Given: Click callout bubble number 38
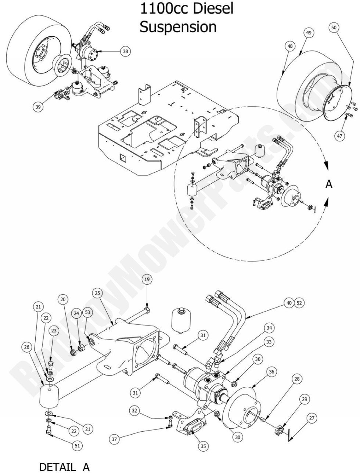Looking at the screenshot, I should tap(125, 52).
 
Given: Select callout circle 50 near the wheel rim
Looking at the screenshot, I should tap(334, 28).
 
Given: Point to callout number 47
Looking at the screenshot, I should tap(340, 135).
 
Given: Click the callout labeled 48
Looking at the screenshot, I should tap(290, 46).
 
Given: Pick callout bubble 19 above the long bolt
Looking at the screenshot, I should tap(147, 280).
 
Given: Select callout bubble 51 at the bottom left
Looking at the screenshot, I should tap(77, 445).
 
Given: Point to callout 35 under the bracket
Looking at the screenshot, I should tap(203, 446).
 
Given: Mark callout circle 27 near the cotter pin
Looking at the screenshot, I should tap(312, 418).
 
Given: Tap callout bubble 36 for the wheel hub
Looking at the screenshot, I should tap(271, 372).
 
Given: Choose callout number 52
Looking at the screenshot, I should tap(299, 303).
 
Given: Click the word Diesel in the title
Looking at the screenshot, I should tap(212, 8).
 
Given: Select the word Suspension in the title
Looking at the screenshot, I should tap(178, 27).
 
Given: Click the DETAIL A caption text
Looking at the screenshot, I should tap(64, 467).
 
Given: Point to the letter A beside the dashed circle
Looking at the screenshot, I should tap(329, 184).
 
